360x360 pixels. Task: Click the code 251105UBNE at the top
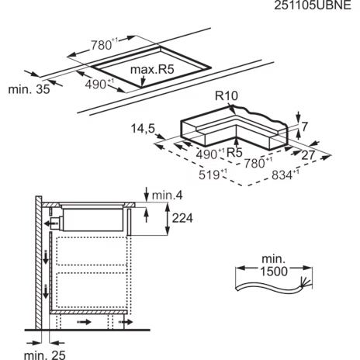coord(313,5)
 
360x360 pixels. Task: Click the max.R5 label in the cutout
coord(152,69)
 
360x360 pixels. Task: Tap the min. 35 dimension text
coord(29,89)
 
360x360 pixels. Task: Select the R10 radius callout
coord(227,95)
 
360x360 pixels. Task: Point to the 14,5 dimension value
coord(143,129)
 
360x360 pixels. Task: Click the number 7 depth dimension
coord(305,126)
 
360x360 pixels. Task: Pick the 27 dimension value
coord(308,155)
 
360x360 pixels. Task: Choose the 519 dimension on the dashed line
coord(209,175)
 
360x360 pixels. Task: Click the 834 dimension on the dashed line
coord(282,175)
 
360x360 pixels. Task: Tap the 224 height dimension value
coord(182,218)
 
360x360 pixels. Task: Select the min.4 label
coord(167,196)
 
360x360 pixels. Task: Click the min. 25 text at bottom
coord(45,355)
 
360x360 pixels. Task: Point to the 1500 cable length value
coord(274,272)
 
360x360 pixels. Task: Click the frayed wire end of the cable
coord(305,282)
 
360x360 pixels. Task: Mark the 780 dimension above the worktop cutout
coord(101,46)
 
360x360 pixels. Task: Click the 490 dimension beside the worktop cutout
coord(95,85)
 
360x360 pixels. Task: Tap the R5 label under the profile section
coord(234,153)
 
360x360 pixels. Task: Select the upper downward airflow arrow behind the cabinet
coord(46,257)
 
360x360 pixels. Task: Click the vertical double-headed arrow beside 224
coord(168,219)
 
